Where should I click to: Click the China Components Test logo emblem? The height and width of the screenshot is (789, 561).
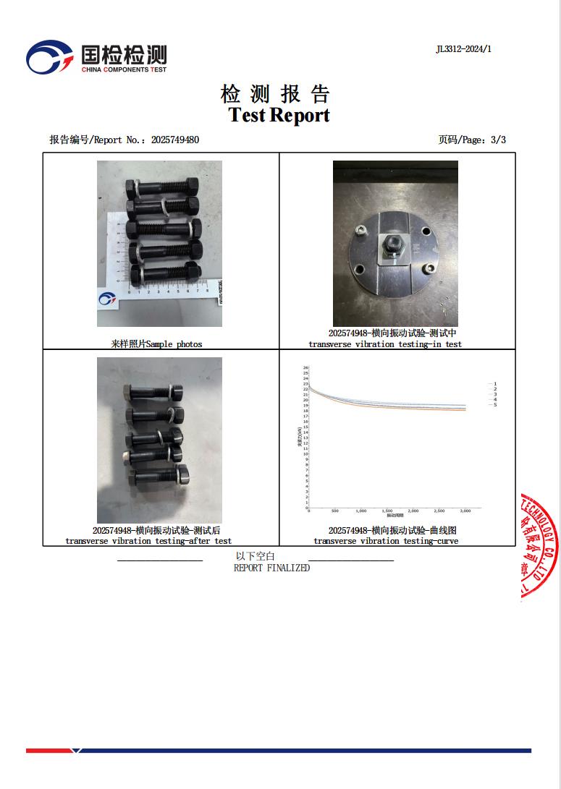pyautogui.click(x=49, y=56)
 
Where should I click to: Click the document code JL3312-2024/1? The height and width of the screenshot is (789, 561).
pyautogui.click(x=463, y=49)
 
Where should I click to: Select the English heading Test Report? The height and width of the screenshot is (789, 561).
pyautogui.click(x=279, y=115)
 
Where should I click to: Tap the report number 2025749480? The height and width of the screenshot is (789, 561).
pyautogui.click(x=175, y=140)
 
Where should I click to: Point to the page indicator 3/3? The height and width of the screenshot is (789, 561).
pyautogui.click(x=498, y=140)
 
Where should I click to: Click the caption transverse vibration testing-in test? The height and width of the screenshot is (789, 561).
pyautogui.click(x=384, y=344)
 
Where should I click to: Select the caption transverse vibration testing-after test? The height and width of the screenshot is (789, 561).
pyautogui.click(x=148, y=541)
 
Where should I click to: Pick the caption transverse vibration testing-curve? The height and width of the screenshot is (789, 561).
pyautogui.click(x=385, y=541)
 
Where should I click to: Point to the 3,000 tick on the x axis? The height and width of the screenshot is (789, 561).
pyautogui.click(x=465, y=511)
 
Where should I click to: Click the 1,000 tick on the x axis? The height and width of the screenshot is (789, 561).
pyautogui.click(x=360, y=511)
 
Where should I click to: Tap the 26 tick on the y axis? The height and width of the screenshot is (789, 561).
pyautogui.click(x=305, y=367)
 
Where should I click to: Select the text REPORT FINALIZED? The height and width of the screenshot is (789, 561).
pyautogui.click(x=271, y=568)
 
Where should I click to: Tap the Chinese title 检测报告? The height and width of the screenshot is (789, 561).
pyautogui.click(x=275, y=94)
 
